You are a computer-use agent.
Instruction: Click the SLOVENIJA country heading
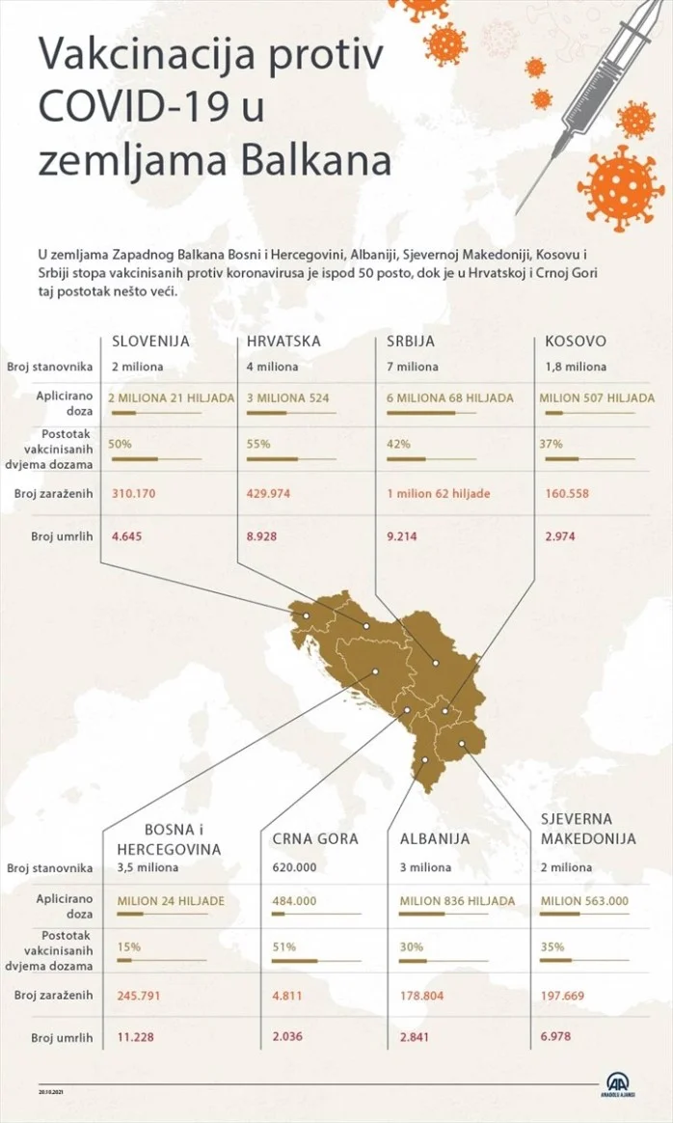point(150,342)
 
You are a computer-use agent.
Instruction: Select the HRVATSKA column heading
point(283,342)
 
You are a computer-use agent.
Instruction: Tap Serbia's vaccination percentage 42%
point(397,445)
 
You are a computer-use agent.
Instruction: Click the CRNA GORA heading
point(314,839)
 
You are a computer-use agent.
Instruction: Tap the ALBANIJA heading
point(435,839)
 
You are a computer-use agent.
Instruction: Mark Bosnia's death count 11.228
point(136,1038)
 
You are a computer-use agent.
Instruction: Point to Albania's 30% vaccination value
point(412,947)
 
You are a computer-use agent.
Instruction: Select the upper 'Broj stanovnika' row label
point(48,367)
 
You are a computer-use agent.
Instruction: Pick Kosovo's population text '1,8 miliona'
point(576,367)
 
